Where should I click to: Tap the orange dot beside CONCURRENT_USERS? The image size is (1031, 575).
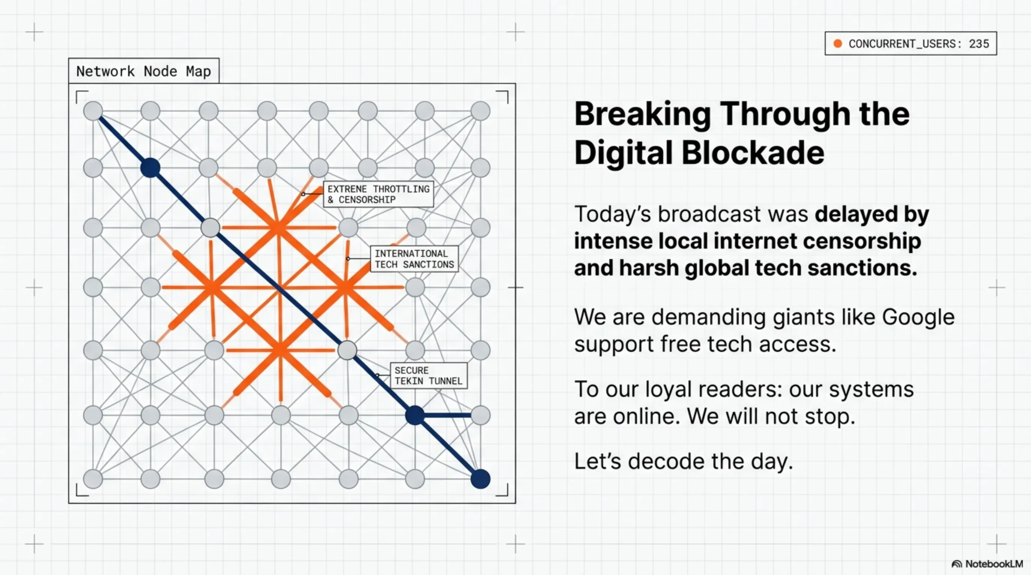[837, 43]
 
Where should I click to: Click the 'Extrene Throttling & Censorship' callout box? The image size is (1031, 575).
[378, 194]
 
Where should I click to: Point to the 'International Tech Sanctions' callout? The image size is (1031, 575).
[414, 259]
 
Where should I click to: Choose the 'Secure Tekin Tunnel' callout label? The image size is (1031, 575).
[428, 375]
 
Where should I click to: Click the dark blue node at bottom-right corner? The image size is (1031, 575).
[480, 479]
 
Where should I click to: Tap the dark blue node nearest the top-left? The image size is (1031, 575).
[151, 168]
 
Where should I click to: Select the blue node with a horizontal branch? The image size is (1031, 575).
[415, 415]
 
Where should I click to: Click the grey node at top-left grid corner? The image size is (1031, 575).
[93, 111]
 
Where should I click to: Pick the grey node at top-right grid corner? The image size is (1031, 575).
[480, 111]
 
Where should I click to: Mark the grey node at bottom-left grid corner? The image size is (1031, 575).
[93, 479]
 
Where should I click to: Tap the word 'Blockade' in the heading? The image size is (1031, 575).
[752, 153]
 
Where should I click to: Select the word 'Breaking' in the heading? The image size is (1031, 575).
[642, 114]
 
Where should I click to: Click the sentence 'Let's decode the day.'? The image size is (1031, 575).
[683, 461]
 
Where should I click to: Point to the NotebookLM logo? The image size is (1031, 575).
[987, 564]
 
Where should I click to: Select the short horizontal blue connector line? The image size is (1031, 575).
[447, 415]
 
